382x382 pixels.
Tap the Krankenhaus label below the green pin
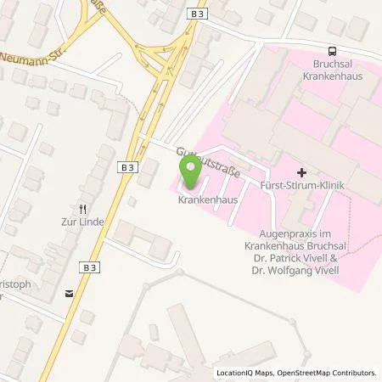tap(207, 201)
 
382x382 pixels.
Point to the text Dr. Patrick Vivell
tap(316, 252)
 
